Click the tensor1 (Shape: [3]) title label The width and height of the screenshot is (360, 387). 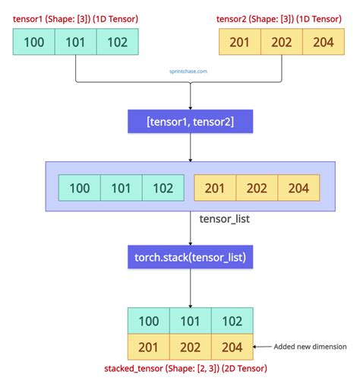tap(76, 18)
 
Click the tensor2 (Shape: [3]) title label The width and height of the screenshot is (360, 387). tap(279, 18)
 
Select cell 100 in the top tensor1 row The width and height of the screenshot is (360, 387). tap(34, 42)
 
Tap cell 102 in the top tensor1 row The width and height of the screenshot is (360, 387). tap(118, 42)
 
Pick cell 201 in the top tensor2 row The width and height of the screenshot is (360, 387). tap(239, 42)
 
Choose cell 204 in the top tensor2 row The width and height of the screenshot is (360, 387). tap(324, 42)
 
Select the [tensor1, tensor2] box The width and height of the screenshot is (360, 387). tap(189, 122)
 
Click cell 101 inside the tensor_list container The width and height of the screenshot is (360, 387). tap(122, 188)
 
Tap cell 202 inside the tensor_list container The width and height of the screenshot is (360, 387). tap(257, 188)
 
